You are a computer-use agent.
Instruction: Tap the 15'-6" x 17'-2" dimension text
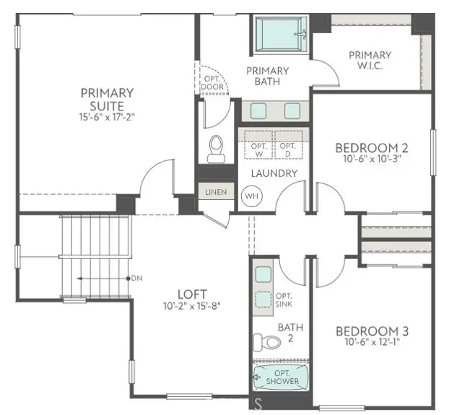(x=107, y=116)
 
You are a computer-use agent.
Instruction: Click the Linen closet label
(x=216, y=193)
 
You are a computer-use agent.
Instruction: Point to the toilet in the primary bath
(x=216, y=148)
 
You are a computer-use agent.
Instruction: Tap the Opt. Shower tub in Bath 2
(x=280, y=377)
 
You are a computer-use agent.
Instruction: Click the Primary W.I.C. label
(x=370, y=61)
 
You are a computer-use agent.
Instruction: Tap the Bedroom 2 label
(x=372, y=148)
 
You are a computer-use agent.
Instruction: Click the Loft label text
(x=193, y=294)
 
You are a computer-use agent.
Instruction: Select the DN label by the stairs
(x=136, y=278)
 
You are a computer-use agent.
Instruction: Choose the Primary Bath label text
(x=267, y=76)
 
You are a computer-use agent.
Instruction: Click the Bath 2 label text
(x=295, y=333)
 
